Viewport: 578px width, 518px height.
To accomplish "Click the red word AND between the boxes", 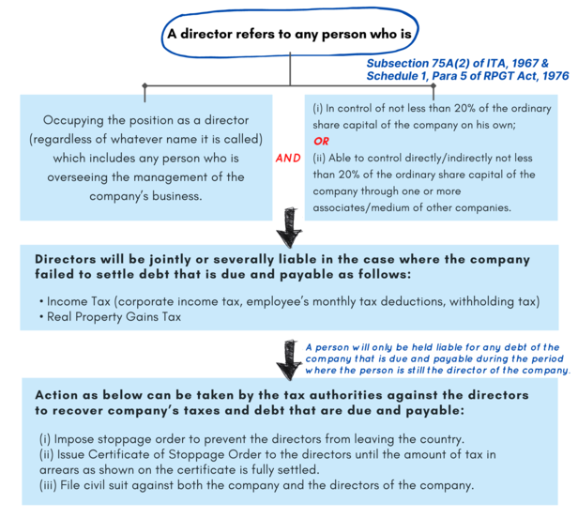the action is click(288, 158).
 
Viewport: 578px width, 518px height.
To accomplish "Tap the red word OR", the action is click(321, 141).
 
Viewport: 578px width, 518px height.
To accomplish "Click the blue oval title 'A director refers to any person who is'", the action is click(289, 34).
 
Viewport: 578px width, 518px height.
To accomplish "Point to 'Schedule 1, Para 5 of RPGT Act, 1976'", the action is click(467, 76).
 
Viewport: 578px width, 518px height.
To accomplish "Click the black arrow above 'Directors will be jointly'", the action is click(290, 227).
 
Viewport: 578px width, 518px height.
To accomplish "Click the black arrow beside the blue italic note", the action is click(290, 359).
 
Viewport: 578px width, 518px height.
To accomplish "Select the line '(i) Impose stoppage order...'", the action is click(251, 439).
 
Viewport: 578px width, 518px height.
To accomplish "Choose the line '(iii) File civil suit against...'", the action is click(256, 485).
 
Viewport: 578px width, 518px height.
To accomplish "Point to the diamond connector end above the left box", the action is click(144, 85).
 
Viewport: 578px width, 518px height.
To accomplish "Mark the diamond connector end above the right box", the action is click(433, 85).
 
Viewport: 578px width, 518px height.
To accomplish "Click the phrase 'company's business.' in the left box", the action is click(145, 196).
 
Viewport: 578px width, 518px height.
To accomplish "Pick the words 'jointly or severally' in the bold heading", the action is click(211, 259).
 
